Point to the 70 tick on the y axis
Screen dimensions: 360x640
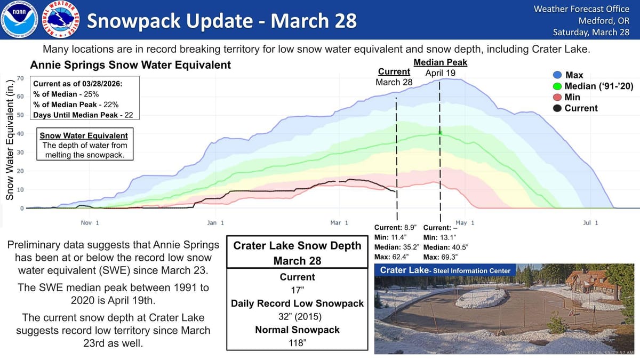pyautogui.click(x=20, y=78)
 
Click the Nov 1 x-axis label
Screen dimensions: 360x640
pyautogui.click(x=86, y=222)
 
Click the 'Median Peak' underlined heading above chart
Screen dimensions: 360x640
pyautogui.click(x=440, y=62)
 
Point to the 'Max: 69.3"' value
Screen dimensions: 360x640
pyautogui.click(x=441, y=257)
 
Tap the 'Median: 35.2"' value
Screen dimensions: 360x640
pyautogui.click(x=397, y=247)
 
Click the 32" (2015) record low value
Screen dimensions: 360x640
pyautogui.click(x=297, y=317)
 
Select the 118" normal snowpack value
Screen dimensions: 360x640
pyautogui.click(x=297, y=343)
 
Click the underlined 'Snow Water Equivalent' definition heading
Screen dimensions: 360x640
pyautogui.click(x=84, y=135)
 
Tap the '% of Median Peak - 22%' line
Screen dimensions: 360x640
pyautogui.click(x=76, y=105)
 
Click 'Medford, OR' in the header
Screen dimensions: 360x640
pyautogui.click(x=604, y=21)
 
